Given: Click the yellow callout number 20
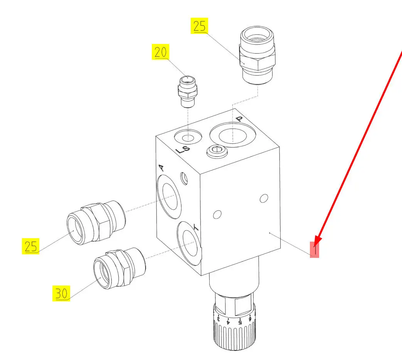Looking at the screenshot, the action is coord(160,52).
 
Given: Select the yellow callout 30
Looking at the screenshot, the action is coord(61,293).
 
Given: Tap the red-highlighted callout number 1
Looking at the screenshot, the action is coord(315,249).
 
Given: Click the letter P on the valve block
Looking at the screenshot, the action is coord(239,119).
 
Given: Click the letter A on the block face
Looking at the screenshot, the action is coord(161,168).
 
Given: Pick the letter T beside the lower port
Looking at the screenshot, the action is coord(196,227).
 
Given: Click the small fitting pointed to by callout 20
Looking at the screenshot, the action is coord(187,91).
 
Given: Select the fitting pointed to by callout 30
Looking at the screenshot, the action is coord(119,268).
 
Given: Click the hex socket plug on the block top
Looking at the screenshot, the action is coord(217,151).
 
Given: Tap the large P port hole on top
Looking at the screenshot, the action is coord(232,135).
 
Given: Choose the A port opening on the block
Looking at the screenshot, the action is coord(169,197).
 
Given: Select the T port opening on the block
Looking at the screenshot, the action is coord(189,244).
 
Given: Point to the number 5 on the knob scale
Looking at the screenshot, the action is coord(240,321).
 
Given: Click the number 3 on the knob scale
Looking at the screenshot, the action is coord(219,319).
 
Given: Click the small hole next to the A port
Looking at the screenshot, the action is coord(184,178).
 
